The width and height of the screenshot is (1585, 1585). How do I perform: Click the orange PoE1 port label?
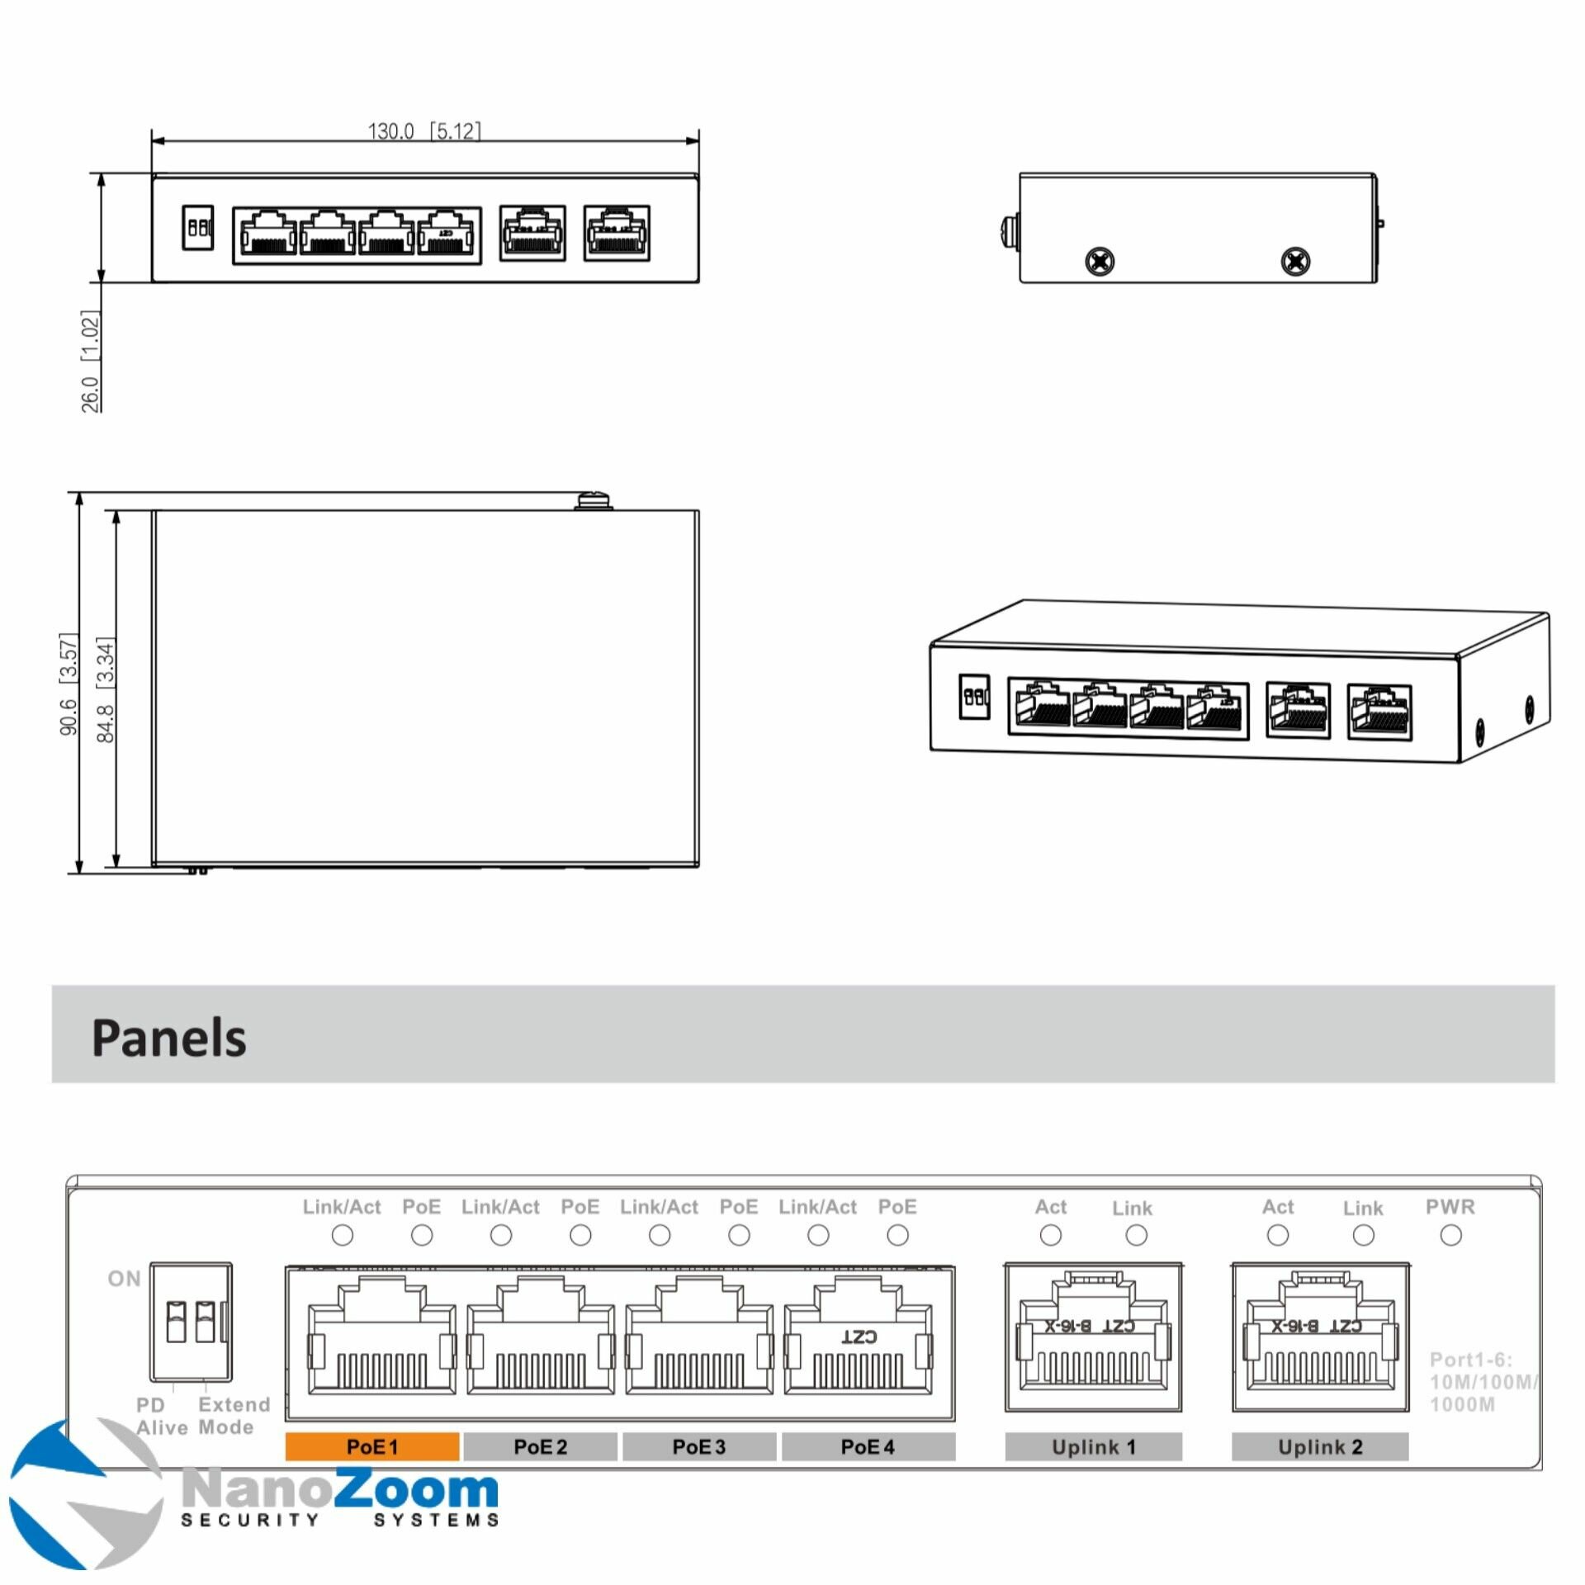[372, 1446]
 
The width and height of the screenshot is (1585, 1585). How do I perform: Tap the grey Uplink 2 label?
[1319, 1446]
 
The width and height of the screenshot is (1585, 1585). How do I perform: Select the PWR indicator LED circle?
[1450, 1236]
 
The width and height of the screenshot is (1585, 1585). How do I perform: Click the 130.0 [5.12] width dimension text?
[423, 131]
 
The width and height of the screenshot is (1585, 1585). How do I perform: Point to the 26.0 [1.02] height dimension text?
[90, 361]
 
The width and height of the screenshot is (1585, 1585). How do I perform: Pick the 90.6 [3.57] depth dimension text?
[69, 684]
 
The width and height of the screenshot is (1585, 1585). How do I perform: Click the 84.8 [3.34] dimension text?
[106, 689]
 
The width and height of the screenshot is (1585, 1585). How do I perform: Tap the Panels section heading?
[168, 1038]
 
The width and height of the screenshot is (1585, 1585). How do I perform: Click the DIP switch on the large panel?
[191, 1322]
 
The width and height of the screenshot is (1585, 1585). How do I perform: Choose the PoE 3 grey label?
[698, 1446]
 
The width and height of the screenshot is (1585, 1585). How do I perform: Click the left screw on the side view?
[1100, 262]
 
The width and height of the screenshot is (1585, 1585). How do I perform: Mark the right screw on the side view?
[1294, 262]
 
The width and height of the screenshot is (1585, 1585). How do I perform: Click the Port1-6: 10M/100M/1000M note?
[1482, 1382]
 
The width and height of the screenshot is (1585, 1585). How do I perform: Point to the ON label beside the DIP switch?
[124, 1279]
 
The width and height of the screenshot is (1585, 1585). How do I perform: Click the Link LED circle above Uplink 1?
[1136, 1236]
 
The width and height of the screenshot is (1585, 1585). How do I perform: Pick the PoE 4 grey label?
[868, 1446]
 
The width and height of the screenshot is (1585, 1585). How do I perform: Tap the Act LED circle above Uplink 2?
[1277, 1236]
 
